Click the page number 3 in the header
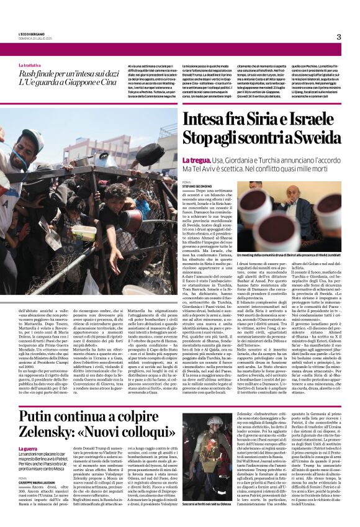[x=338, y=37]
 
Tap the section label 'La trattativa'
[x=30, y=65]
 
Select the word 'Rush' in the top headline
[x=29, y=74]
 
